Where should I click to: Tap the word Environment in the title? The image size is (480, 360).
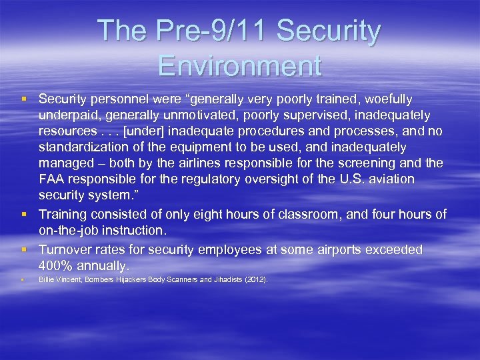point(240,65)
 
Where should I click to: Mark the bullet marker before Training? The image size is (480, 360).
point(24,214)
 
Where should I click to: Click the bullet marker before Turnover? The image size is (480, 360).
point(24,249)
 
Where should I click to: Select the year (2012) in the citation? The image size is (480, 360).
point(256,280)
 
